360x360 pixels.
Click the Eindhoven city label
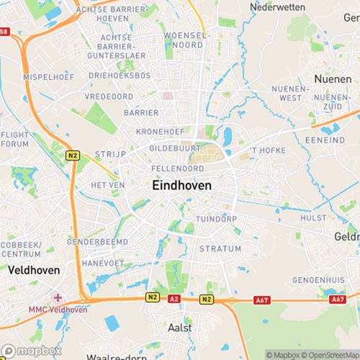click(182, 185)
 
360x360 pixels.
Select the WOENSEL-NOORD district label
click(186, 39)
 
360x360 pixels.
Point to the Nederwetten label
click(277, 6)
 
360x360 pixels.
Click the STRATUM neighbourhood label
click(220, 248)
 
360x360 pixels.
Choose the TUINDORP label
click(217, 219)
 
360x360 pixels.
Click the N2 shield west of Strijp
click(72, 155)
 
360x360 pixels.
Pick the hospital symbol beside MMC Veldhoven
click(58, 297)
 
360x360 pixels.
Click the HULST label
click(313, 217)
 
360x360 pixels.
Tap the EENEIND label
click(325, 140)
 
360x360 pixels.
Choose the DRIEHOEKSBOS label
click(120, 75)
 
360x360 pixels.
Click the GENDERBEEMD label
click(97, 242)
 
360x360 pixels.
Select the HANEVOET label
click(102, 264)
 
